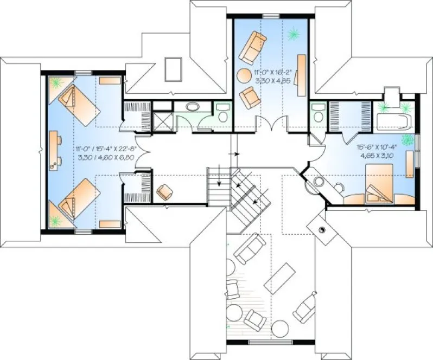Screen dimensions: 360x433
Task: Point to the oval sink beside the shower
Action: point(193,106)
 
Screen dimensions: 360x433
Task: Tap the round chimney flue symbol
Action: point(324,230)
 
